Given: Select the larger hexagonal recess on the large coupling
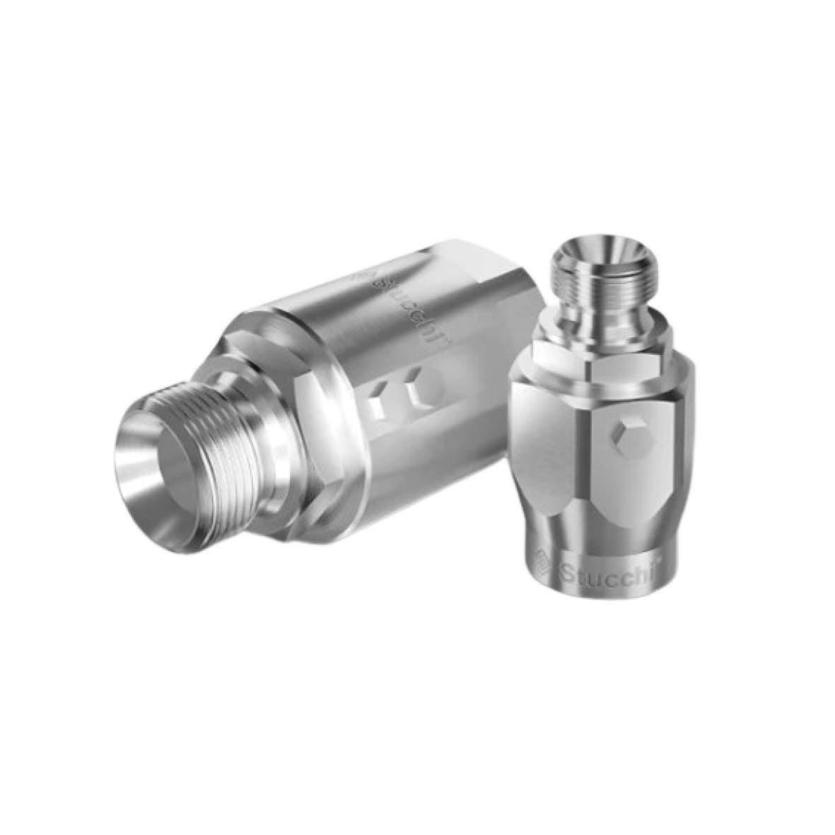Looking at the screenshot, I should point(425,392).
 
